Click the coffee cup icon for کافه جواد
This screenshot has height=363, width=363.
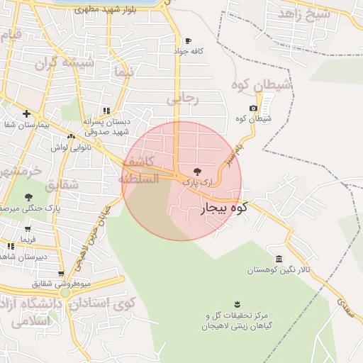pos(188,41)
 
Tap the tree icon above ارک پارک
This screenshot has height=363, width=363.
pos(197,172)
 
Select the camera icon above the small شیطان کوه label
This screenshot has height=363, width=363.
pos(253,108)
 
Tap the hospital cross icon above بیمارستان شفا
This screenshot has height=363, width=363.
pos(26,113)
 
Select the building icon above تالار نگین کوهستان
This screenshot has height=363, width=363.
pos(279,259)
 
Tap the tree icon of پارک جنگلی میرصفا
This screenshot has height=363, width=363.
pos(28,197)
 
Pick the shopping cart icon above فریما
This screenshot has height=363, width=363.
pos(28,229)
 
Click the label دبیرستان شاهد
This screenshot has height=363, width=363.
pos(23,257)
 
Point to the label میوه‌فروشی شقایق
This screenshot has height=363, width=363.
pos(60,284)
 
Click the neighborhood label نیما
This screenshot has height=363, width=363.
pos(123,73)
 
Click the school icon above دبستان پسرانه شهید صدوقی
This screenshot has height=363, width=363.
pos(106,111)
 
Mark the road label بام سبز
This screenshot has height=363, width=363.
pos(228,155)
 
